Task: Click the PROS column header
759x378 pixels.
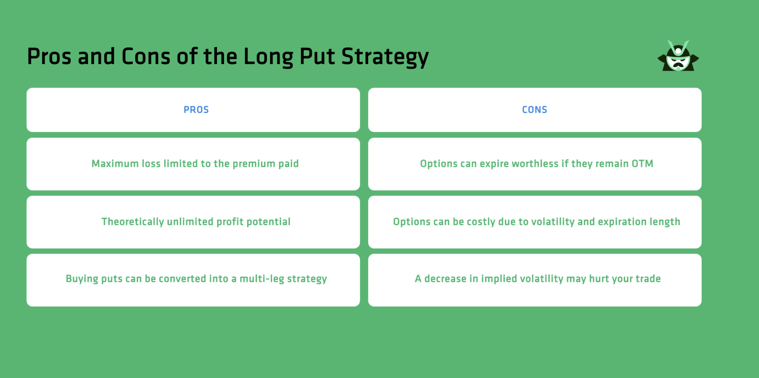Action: pyautogui.click(x=196, y=110)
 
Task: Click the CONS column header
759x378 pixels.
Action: pyautogui.click(x=534, y=110)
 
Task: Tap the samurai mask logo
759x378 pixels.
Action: pyautogui.click(x=678, y=56)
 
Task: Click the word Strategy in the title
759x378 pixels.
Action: pyautogui.click(x=385, y=57)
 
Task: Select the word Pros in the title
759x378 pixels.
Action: pyautogui.click(x=49, y=57)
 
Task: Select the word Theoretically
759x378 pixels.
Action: pyautogui.click(x=132, y=222)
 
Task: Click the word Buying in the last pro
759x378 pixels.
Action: pyautogui.click(x=82, y=279)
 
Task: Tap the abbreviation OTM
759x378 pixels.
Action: pyautogui.click(x=642, y=164)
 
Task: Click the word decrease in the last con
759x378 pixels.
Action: pyautogui.click(x=445, y=279)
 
